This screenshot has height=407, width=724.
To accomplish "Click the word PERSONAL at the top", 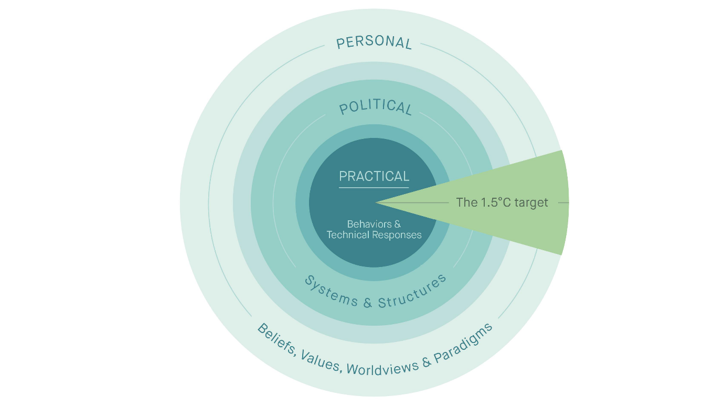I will [x=374, y=42].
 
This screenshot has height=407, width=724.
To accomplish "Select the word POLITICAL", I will [x=375, y=106].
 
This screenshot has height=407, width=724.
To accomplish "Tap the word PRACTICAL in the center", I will [x=374, y=176].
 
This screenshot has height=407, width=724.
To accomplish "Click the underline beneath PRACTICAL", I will [x=374, y=187].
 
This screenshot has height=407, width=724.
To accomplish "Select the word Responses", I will [x=397, y=235].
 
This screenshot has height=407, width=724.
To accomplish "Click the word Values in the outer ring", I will [x=321, y=361].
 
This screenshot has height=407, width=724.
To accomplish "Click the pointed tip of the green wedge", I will [x=377, y=202].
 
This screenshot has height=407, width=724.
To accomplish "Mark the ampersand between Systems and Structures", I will [x=367, y=303].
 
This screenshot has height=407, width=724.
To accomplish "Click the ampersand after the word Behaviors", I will [x=397, y=224].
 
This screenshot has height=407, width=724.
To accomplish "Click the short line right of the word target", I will [x=563, y=202].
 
